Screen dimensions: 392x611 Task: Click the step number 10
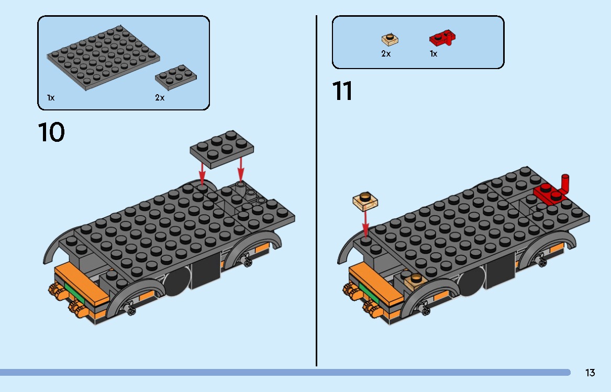point(51,132)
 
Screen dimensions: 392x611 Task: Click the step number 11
point(342,92)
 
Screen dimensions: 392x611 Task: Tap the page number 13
point(590,373)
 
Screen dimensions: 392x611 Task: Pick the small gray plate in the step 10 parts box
point(175,76)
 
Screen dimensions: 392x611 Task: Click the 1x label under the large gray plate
point(50,98)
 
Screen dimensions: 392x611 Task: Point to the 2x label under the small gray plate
point(160,98)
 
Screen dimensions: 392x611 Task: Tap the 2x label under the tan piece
point(386,53)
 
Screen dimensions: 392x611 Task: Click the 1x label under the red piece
point(433,53)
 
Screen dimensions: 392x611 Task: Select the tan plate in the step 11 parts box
point(390,39)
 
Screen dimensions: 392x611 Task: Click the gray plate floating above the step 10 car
point(222,149)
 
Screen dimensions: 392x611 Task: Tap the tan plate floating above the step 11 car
point(366,200)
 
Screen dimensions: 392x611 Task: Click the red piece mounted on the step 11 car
point(552,192)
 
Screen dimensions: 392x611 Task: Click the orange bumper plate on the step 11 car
point(374,280)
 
